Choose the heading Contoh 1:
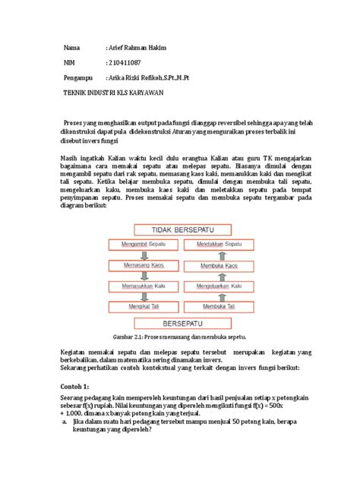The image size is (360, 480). coord(76,387)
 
